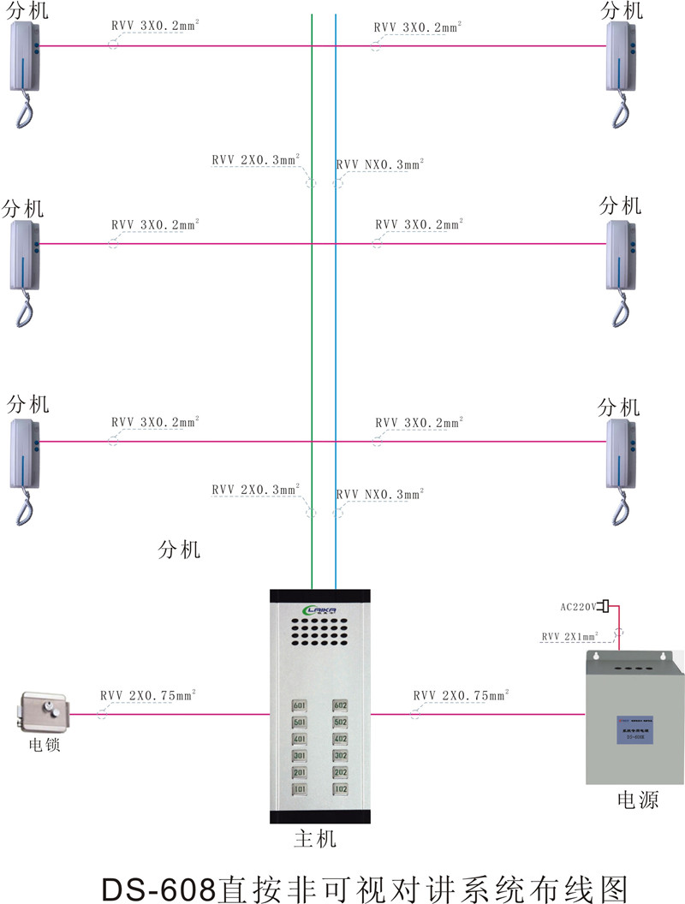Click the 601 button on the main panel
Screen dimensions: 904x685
point(300,705)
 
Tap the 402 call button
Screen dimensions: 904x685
point(341,739)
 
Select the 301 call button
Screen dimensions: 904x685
point(300,756)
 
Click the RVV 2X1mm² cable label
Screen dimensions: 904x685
point(575,637)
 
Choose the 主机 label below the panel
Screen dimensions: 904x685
point(315,839)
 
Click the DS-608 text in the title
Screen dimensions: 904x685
point(159,886)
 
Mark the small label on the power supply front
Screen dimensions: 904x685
point(634,729)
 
